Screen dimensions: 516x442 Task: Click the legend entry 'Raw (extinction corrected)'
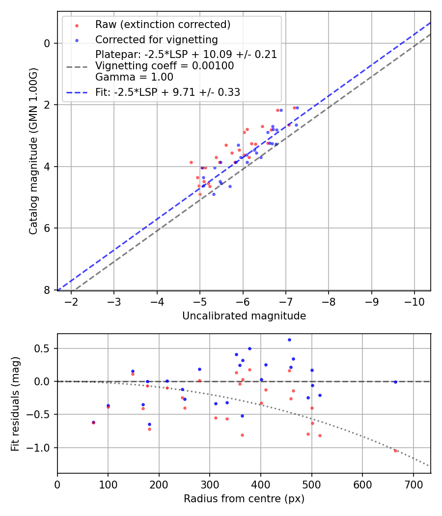pyautogui.click(x=163, y=25)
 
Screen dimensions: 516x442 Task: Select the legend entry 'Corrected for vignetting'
pyautogui.click(x=156, y=39)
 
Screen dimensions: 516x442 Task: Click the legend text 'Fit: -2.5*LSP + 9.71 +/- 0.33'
pyautogui.click(x=167, y=92)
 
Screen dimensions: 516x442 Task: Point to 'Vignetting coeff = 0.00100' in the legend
pyautogui.click(x=165, y=66)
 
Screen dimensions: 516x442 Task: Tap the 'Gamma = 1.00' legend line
pyautogui.click(x=134, y=77)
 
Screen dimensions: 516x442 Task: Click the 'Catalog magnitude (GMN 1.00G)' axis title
pyautogui.click(x=33, y=150)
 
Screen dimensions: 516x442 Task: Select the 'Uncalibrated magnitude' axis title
pyautogui.click(x=244, y=316)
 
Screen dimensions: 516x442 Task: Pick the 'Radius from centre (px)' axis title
pyautogui.click(x=244, y=499)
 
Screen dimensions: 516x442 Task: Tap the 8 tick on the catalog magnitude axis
pyautogui.click(x=47, y=290)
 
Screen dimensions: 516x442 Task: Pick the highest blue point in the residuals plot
pyautogui.click(x=289, y=340)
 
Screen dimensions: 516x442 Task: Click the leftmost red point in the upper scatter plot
pyautogui.click(x=191, y=162)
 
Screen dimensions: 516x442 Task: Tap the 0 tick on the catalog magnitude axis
pyautogui.click(x=47, y=43)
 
